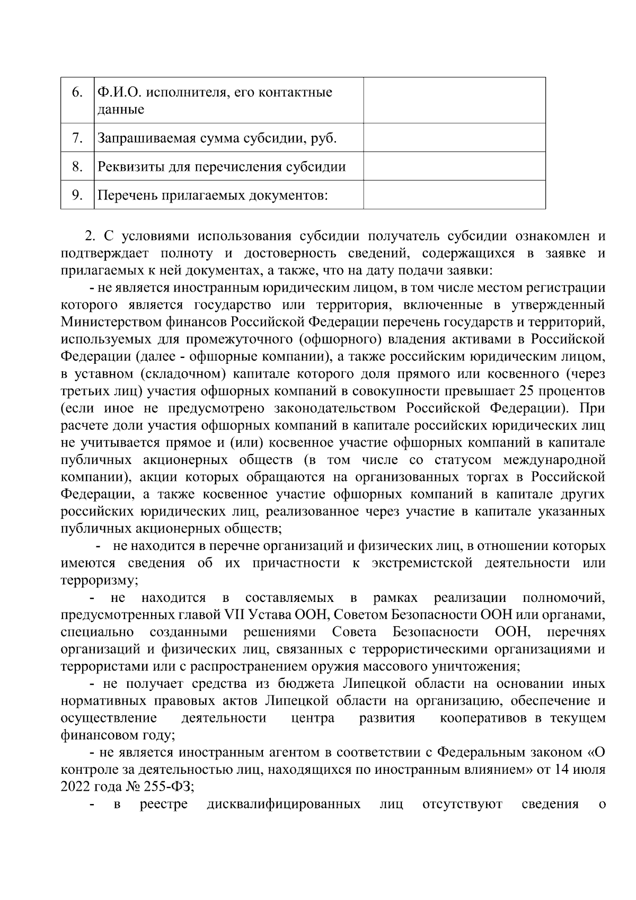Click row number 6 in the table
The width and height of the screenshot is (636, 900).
[77, 92]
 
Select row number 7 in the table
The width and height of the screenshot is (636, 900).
[77, 138]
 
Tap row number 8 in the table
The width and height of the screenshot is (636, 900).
[77, 167]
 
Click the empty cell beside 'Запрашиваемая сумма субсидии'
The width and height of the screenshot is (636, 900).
[454, 138]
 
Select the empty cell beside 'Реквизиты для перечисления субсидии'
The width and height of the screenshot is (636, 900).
[454, 167]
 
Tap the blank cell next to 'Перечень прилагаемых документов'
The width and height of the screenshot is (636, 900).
[454, 195]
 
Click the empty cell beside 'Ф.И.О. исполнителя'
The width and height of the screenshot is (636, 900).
[454, 100]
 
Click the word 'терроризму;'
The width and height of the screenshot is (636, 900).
[100, 580]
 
